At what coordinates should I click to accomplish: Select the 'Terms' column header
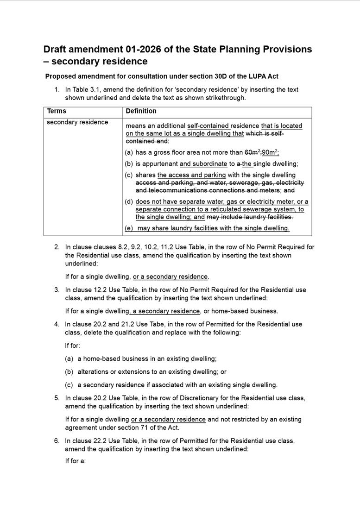(x=57, y=111)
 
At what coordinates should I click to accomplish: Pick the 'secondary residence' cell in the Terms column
(x=77, y=122)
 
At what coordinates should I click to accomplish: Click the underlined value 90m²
(x=270, y=152)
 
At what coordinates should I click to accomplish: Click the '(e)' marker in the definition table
(x=129, y=228)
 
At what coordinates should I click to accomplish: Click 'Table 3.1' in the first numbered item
(x=87, y=90)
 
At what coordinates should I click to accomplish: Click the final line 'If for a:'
(x=76, y=461)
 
